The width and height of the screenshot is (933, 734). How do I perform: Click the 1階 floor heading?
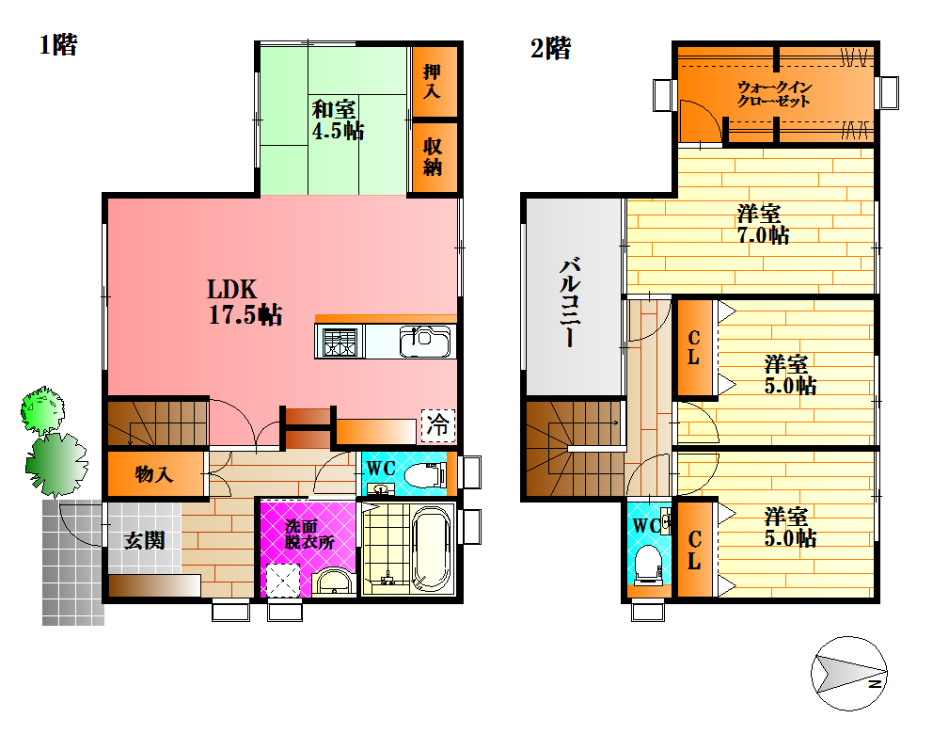pos(58,44)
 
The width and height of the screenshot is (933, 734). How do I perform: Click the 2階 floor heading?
pos(550,48)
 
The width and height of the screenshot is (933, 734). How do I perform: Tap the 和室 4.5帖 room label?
pos(338,120)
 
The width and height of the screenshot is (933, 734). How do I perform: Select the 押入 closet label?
pos(432,81)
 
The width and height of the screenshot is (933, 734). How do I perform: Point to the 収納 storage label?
pos(433,156)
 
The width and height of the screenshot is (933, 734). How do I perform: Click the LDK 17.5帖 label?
pos(245,302)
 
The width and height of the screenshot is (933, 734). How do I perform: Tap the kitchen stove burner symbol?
pos(340,342)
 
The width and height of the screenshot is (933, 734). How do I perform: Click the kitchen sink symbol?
pos(425,342)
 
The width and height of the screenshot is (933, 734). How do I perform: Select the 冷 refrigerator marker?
pos(438,425)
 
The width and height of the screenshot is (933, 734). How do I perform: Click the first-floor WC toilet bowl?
pos(424,475)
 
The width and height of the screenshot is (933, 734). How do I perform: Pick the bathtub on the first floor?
pos(431,550)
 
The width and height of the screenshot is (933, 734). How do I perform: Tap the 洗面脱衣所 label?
pos(308,534)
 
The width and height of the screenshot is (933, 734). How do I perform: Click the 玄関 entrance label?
pos(144,540)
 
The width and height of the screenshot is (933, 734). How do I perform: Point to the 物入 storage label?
pos(153,474)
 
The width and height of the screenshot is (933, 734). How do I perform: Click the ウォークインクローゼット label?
pos(774,94)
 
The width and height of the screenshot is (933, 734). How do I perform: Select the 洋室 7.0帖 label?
pos(764,224)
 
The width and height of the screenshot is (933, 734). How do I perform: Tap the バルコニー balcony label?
pos(569,301)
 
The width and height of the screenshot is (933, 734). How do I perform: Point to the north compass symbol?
pos(849,673)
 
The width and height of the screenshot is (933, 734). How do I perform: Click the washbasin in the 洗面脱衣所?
pos(334,582)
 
